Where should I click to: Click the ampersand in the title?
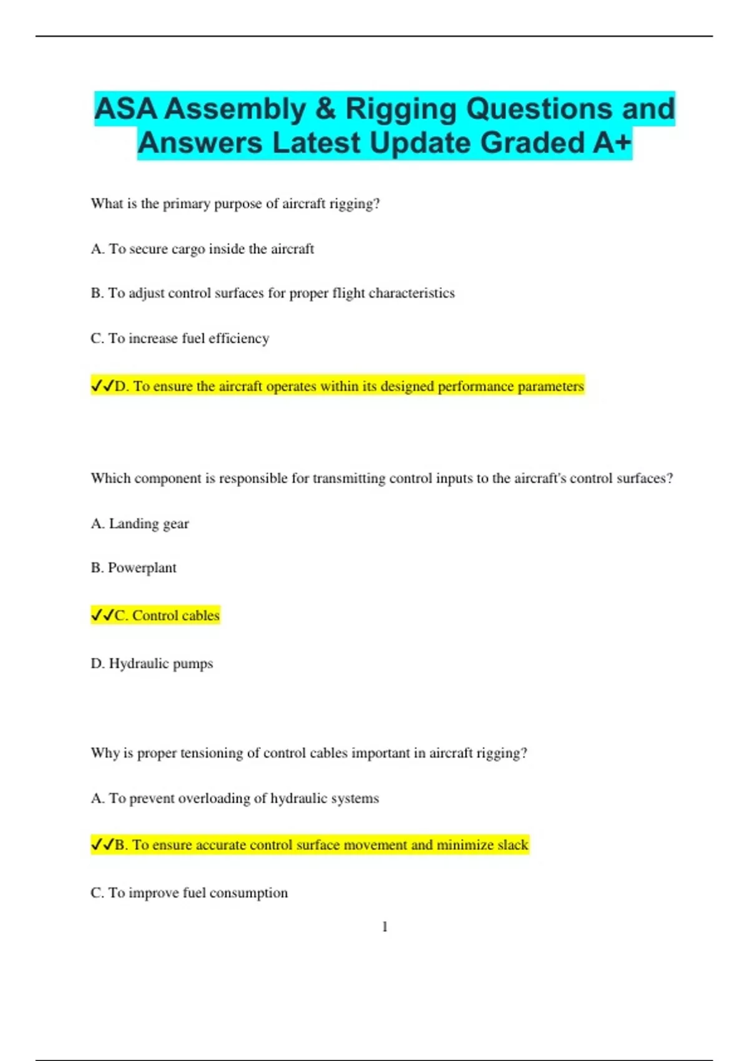(x=326, y=109)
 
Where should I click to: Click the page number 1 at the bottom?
(x=384, y=927)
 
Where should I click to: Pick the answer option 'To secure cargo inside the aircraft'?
(x=202, y=249)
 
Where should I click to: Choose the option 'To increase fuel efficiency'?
(x=180, y=338)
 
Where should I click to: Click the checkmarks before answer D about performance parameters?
(x=102, y=386)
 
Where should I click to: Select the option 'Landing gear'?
(x=140, y=524)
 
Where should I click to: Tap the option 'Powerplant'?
(x=134, y=568)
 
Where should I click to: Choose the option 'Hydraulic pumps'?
(x=152, y=663)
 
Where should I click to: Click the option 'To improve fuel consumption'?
(x=189, y=893)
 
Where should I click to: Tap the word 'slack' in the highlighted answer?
(x=513, y=845)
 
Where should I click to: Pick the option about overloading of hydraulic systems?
(x=235, y=798)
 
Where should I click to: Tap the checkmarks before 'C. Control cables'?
(x=102, y=616)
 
